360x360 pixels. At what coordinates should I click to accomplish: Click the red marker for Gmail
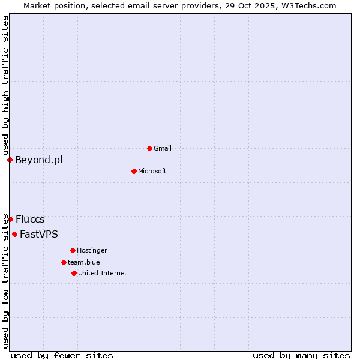tap(149, 148)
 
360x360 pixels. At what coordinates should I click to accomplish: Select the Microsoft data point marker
tap(134, 171)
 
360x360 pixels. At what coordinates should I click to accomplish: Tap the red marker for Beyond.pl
tap(10, 160)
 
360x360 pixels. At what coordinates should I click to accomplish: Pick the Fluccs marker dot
tap(10, 219)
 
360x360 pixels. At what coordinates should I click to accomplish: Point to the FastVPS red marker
tap(14, 234)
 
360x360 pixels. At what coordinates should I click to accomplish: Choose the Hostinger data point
tap(73, 250)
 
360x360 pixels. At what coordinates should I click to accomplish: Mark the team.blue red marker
tap(64, 262)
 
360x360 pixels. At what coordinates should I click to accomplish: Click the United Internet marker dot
tap(74, 273)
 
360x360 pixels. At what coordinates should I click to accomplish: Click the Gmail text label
tap(163, 148)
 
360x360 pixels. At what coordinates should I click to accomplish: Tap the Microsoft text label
tap(152, 171)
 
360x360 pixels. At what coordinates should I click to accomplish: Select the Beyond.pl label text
tap(38, 160)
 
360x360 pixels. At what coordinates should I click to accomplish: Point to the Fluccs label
tap(30, 219)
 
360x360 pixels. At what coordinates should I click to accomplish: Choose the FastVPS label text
tap(39, 234)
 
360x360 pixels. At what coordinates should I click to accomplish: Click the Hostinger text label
tap(92, 250)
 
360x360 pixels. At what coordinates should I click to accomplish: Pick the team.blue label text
tap(84, 262)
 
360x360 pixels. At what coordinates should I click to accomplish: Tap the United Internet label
tap(102, 273)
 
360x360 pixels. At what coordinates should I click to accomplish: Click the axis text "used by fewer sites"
tap(62, 355)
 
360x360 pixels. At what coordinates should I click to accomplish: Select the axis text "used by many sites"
tap(301, 355)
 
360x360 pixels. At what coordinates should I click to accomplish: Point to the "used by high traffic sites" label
tap(5, 86)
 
